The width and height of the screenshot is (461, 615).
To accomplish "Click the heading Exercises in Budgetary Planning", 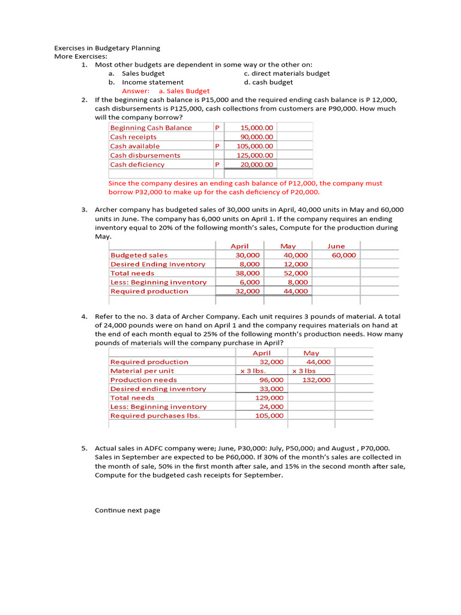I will click(x=107, y=48).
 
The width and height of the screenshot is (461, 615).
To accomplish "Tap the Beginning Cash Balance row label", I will click(x=151, y=128).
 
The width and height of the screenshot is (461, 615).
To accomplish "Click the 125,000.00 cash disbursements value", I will click(x=256, y=156).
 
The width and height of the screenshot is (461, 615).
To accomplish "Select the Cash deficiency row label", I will click(x=137, y=165).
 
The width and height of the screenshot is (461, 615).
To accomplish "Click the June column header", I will click(x=336, y=246).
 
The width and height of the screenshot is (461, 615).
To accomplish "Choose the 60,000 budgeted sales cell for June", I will click(x=344, y=255).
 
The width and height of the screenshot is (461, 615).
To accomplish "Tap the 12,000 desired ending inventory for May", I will click(x=296, y=264).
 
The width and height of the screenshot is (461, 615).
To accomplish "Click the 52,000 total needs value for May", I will click(x=296, y=273).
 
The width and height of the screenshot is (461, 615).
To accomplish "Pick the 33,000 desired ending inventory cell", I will click(x=271, y=389).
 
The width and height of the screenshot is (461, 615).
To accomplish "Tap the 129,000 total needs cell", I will click(x=270, y=398).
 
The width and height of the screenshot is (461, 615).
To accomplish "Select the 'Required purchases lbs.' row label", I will click(x=155, y=416).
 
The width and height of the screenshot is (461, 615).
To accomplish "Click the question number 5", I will click(x=85, y=449).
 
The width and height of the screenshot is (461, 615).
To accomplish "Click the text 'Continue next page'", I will click(x=127, y=510).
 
